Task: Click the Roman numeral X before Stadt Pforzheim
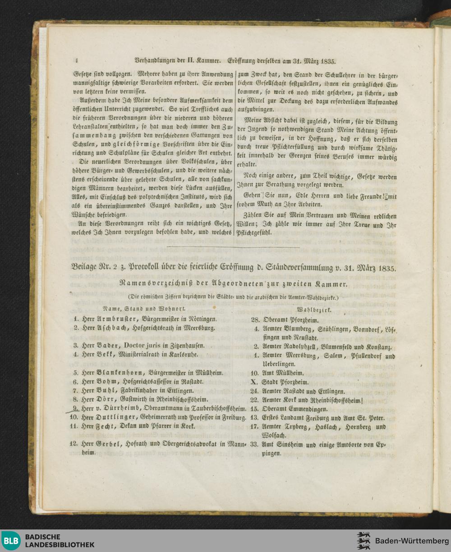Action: click(254, 382)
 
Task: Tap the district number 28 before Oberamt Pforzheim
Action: click(255, 319)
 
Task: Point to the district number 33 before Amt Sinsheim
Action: click(255, 444)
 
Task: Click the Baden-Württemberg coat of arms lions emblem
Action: click(364, 541)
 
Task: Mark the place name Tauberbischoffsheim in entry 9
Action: click(217, 409)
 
